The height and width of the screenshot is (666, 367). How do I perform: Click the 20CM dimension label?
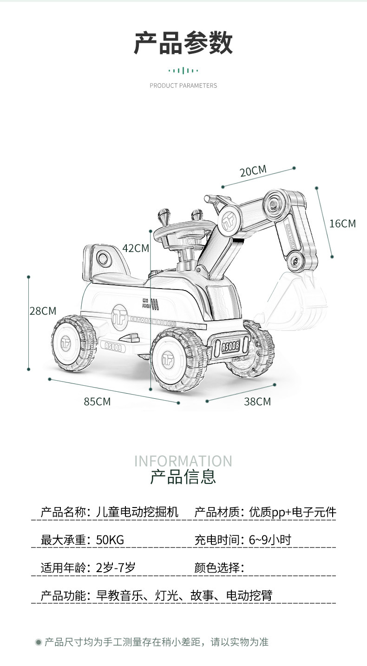(253, 171)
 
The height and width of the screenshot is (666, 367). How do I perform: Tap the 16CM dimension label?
(342, 224)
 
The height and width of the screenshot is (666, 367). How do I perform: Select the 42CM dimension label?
(136, 248)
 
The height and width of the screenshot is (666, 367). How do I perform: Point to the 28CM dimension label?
(43, 311)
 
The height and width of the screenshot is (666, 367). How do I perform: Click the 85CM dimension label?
(97, 402)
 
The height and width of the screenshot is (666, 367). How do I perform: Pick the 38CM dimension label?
(257, 402)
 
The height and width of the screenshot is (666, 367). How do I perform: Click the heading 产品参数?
(183, 43)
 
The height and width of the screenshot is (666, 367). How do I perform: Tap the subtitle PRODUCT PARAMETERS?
(183, 86)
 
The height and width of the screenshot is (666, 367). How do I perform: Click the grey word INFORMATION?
(183, 461)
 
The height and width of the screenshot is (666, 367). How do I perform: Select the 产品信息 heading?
(183, 477)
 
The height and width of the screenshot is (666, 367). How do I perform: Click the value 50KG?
(110, 540)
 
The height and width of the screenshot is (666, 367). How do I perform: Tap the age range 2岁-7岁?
(116, 567)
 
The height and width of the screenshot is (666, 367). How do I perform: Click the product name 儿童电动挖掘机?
(137, 512)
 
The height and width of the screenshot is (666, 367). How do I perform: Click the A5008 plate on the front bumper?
(230, 346)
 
